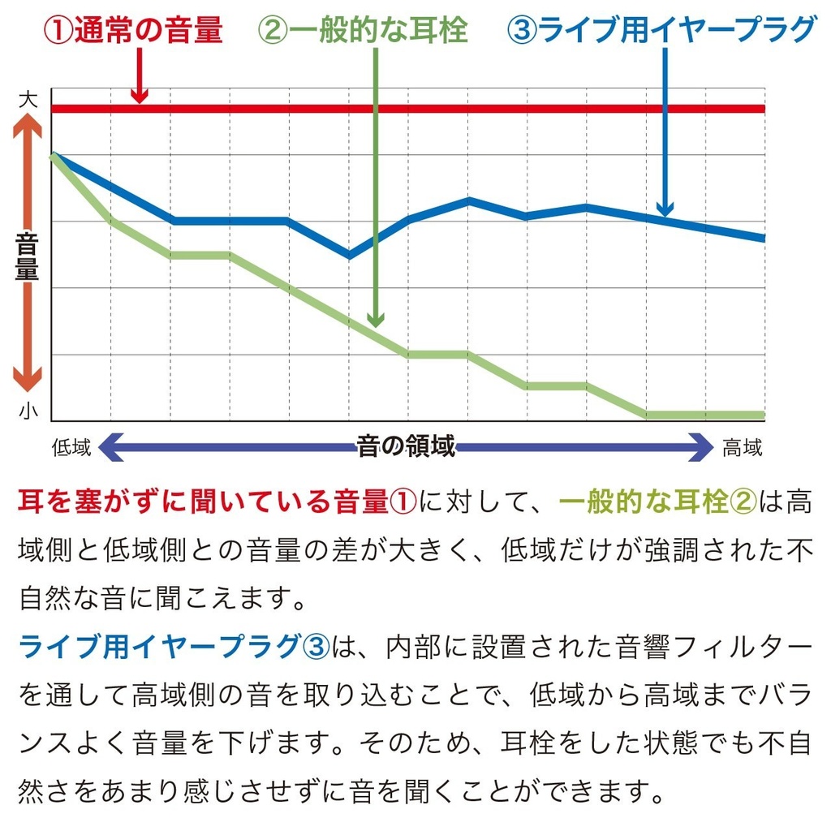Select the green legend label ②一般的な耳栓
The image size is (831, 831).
coord(363,30)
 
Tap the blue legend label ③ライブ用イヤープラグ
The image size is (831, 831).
coord(661,30)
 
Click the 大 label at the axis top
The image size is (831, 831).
coord(28,100)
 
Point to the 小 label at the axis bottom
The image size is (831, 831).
coord(28,411)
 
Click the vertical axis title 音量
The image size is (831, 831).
coord(27,255)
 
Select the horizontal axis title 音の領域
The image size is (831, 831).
coord(406,446)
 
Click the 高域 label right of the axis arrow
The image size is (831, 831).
coord(743,447)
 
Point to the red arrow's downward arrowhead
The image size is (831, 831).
coord(140,97)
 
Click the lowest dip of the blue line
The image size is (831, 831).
coord(349,256)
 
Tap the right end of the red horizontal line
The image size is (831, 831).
coord(761,109)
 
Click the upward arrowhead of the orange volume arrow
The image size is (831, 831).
coord(27,122)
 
